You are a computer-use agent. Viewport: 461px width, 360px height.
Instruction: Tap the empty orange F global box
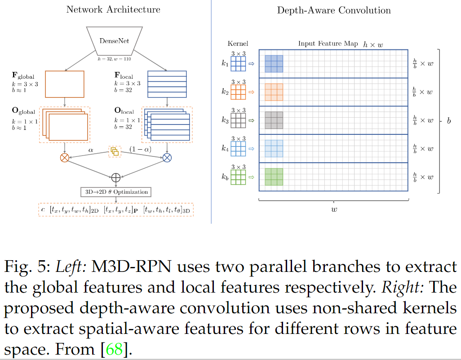click(65, 84)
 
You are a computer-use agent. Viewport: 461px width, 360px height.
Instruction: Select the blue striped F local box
click(167, 84)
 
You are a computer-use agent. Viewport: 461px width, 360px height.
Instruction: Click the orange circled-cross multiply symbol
click(65, 157)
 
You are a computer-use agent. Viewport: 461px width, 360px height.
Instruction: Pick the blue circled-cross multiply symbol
click(167, 157)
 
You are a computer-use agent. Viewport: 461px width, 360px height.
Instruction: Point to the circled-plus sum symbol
click(116, 177)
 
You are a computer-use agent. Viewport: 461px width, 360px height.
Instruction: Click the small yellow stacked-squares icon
click(115, 151)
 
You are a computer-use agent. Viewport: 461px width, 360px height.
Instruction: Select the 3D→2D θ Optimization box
click(115, 192)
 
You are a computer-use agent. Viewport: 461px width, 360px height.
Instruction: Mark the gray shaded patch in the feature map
click(274, 120)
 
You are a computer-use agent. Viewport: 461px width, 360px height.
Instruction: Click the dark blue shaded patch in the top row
click(274, 64)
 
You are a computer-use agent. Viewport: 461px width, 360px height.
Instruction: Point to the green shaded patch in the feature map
click(274, 176)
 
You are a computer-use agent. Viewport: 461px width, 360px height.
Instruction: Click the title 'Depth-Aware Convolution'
click(334, 10)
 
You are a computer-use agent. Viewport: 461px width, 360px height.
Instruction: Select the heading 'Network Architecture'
click(113, 9)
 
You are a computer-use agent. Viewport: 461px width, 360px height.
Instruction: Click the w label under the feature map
click(333, 209)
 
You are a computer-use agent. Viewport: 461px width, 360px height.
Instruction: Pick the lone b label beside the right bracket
click(448, 121)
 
